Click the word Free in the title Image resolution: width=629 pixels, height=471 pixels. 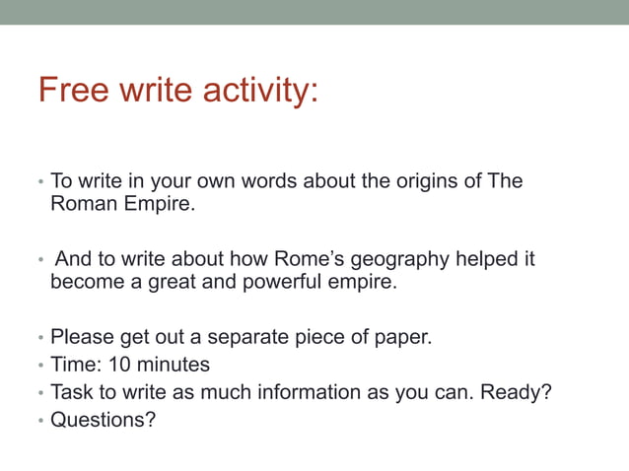coord(72,91)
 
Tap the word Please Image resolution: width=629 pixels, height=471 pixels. coord(82,337)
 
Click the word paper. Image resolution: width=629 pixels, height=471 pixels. coord(403,337)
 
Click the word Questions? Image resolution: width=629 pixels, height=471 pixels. coord(104,420)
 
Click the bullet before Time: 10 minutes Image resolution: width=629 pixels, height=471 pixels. coord(41,366)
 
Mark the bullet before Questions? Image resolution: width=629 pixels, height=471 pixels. coord(41,421)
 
